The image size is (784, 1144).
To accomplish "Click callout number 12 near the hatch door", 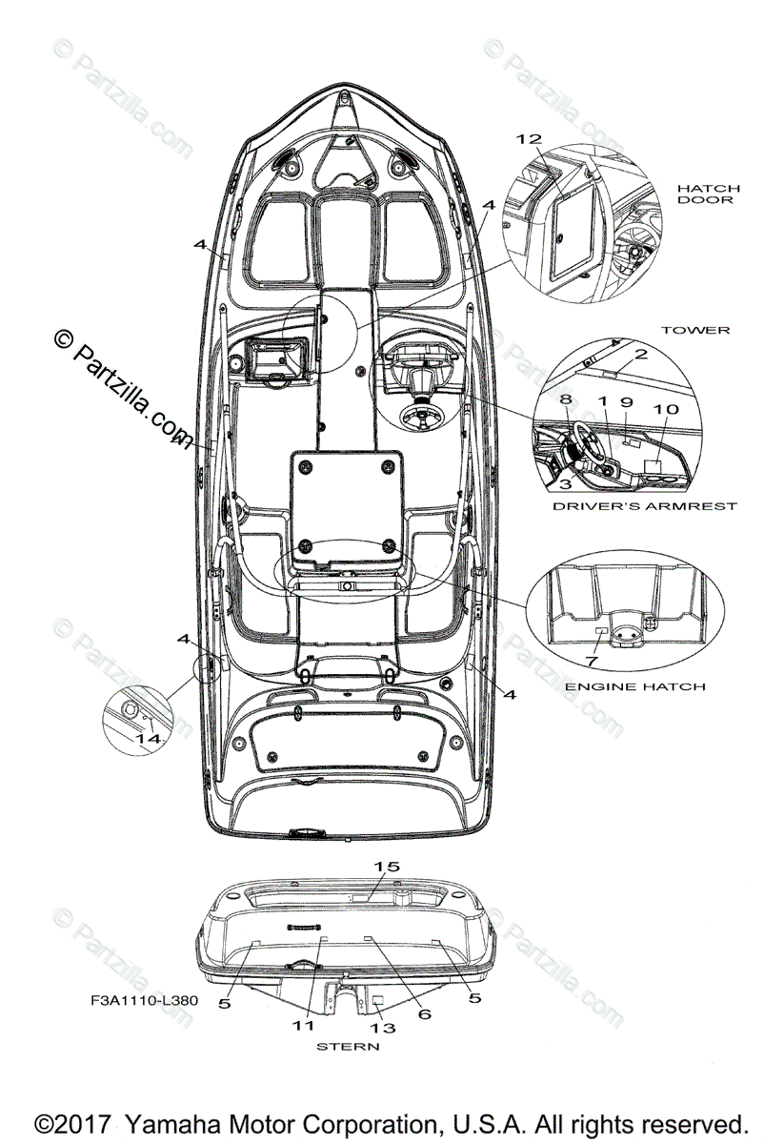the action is (529, 139).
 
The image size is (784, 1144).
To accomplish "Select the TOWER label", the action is (695, 330).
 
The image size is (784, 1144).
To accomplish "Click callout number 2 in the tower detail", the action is (641, 355).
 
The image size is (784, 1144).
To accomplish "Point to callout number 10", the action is (666, 409).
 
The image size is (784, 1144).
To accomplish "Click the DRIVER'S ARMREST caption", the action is (644, 506).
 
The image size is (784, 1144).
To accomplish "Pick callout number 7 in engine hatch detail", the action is (592, 661).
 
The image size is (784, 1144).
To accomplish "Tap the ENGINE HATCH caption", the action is (634, 686).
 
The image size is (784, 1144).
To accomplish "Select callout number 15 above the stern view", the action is (388, 867).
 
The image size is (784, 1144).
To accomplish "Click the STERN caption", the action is (348, 1046).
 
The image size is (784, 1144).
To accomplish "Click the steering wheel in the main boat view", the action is (418, 416).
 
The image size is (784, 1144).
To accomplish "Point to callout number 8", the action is (565, 399).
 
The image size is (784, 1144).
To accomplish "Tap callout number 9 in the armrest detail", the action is (627, 402).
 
